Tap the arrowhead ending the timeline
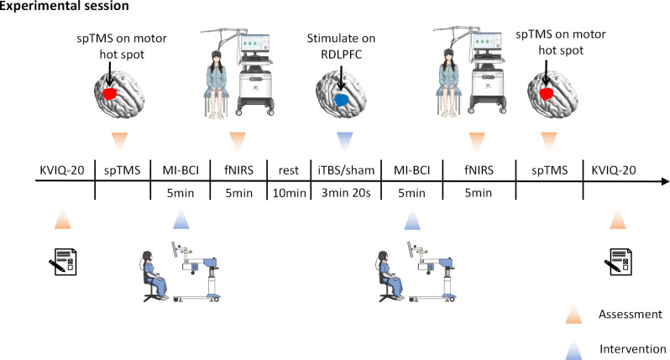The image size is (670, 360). pyautogui.click(x=663, y=180)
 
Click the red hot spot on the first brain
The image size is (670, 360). pyautogui.click(x=110, y=96)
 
